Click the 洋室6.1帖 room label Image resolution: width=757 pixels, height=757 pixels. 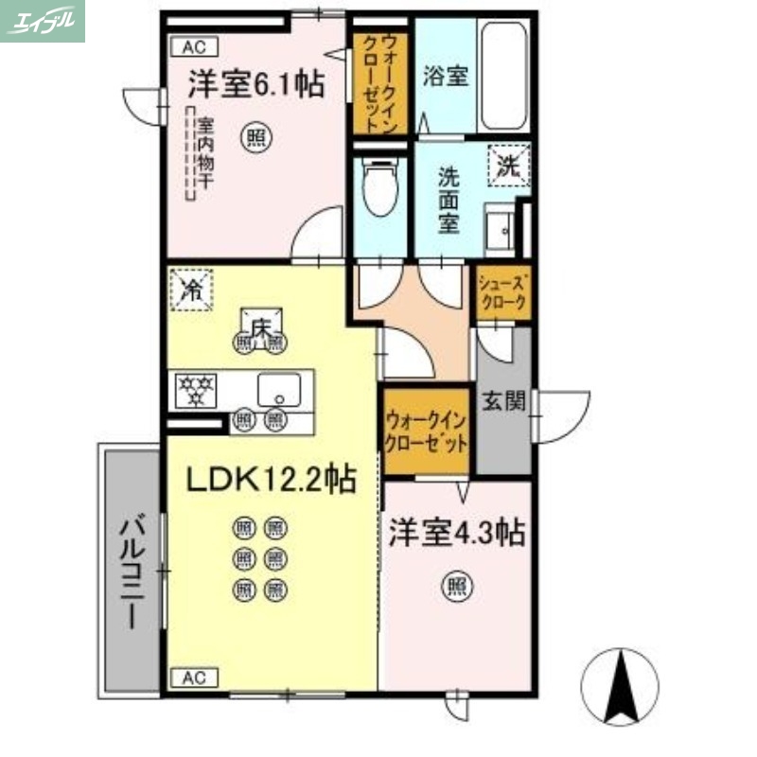tap(255, 86)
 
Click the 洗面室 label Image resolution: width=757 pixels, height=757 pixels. tap(448, 199)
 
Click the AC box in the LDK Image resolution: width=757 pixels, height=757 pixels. tap(194, 678)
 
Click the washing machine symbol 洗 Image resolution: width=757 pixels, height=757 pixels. tap(509, 167)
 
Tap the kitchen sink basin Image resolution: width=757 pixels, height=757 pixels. tap(278, 388)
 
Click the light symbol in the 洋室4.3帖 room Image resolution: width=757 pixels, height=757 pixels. tap(455, 588)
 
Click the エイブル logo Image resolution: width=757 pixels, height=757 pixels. tap(42, 21)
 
